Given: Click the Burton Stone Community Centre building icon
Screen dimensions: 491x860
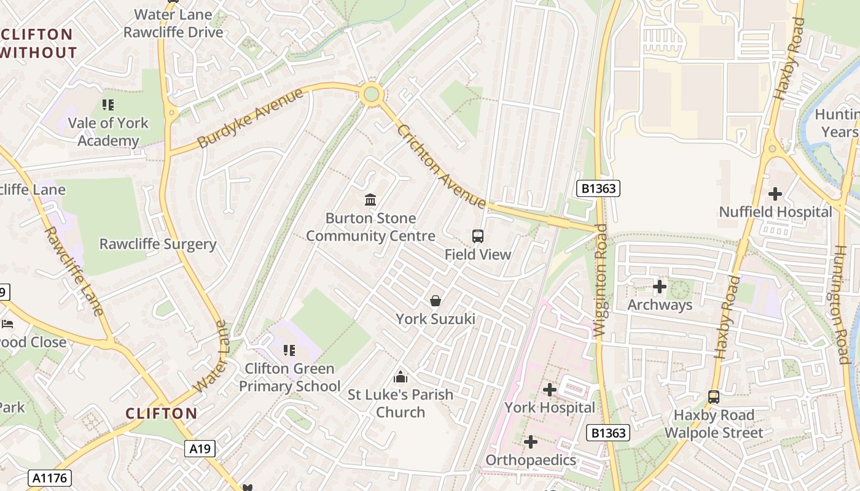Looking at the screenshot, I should tap(370, 199).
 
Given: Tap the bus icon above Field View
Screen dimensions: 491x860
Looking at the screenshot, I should tap(477, 236).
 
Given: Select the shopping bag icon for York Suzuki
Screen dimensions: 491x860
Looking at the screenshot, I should tap(435, 300).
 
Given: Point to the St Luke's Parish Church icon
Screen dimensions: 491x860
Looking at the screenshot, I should tap(401, 376).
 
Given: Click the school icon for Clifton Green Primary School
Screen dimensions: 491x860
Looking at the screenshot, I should tap(289, 350).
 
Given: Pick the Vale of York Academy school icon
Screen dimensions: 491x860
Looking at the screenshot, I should tap(108, 104).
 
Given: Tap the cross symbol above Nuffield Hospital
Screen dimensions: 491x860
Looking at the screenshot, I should tap(775, 194).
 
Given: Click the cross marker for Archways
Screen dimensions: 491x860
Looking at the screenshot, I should tap(660, 287).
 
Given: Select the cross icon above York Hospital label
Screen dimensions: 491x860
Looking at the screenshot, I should tap(549, 389).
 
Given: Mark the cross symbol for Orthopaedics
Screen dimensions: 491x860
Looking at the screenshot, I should tap(531, 441).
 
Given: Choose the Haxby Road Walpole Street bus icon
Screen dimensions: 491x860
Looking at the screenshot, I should tap(713, 397).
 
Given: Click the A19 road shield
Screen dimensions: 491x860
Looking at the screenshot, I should tap(200, 449).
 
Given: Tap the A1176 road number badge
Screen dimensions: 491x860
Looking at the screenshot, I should tap(49, 478).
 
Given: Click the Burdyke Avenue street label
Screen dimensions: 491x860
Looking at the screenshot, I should tap(251, 118).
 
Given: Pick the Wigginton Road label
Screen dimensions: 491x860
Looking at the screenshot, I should tap(601, 280).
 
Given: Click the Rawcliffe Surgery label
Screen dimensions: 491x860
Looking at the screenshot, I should tap(158, 244).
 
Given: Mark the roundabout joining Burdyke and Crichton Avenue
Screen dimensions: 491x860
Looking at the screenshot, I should tap(371, 95).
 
